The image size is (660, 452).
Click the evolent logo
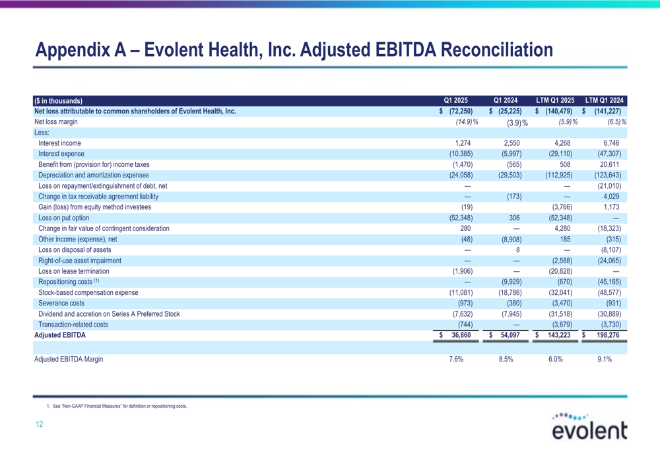click(589, 426)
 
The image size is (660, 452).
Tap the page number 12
click(39, 424)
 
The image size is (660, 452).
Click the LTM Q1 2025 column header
click(555, 100)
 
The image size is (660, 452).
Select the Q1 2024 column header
click(506, 100)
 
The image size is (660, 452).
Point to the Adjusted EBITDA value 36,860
click(461, 335)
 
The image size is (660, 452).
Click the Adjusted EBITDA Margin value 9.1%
click(605, 359)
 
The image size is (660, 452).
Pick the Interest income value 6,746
click(611, 143)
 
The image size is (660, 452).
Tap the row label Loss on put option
click(63, 218)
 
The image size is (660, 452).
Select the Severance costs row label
click(61, 303)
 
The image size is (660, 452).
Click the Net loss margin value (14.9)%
click(467, 121)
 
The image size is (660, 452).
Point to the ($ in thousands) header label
click(59, 101)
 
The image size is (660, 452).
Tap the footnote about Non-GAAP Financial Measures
click(117, 406)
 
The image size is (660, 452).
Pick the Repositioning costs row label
click(69, 282)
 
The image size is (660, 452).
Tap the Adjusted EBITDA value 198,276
click(608, 335)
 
